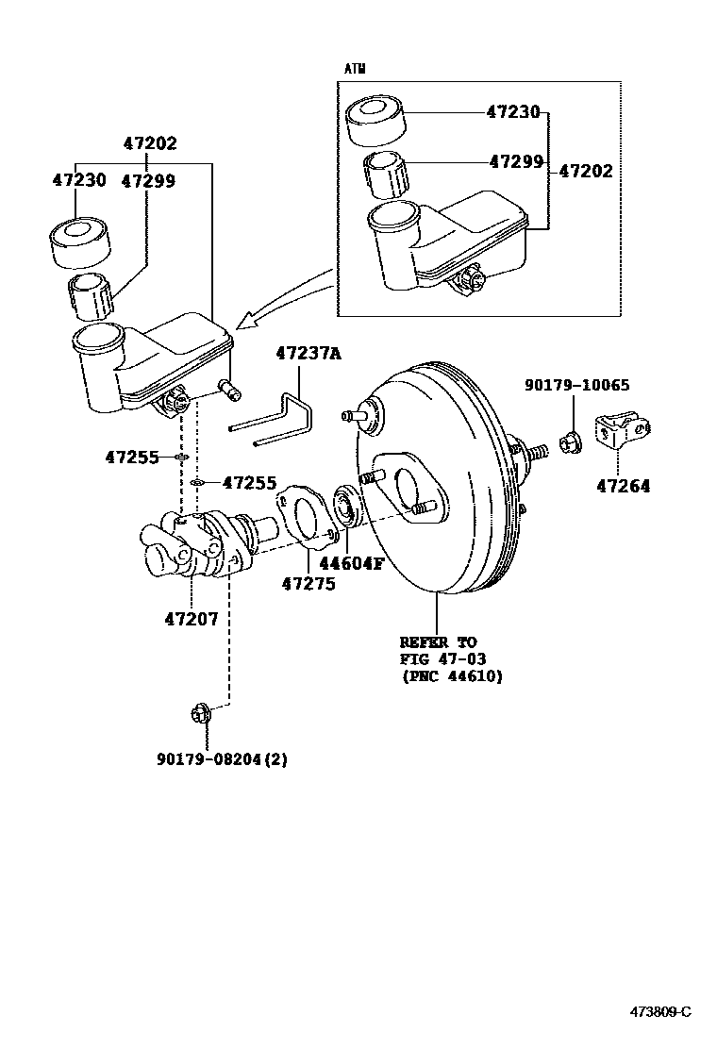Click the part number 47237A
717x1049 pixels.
(x=308, y=354)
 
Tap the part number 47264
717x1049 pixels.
(x=623, y=487)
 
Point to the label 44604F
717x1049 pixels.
(x=351, y=565)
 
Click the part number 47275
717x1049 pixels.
(x=308, y=584)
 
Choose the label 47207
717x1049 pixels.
(x=191, y=620)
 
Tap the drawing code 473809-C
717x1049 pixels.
(x=660, y=1012)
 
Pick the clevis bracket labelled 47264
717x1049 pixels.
(x=619, y=432)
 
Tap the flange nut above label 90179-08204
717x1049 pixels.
(x=199, y=716)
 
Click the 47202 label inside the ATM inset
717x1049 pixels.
(x=585, y=172)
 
